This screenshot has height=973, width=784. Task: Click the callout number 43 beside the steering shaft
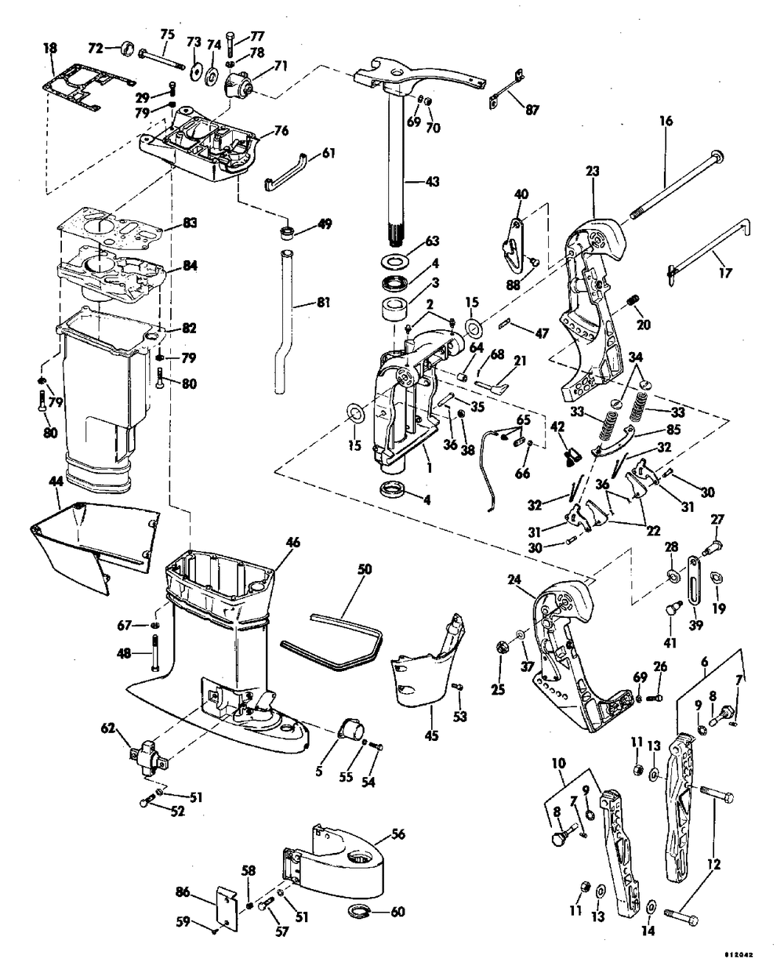(433, 182)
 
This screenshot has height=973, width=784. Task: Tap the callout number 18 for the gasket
(50, 49)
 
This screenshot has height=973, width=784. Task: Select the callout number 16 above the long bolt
(666, 122)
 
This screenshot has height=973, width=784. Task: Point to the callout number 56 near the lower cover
(398, 834)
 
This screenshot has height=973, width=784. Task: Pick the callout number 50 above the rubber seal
(365, 569)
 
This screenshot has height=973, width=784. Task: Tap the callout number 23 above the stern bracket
(592, 172)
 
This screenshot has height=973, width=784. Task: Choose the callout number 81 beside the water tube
(323, 302)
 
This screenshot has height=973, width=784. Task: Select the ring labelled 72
(129, 49)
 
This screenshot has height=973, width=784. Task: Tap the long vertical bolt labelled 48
(155, 653)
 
